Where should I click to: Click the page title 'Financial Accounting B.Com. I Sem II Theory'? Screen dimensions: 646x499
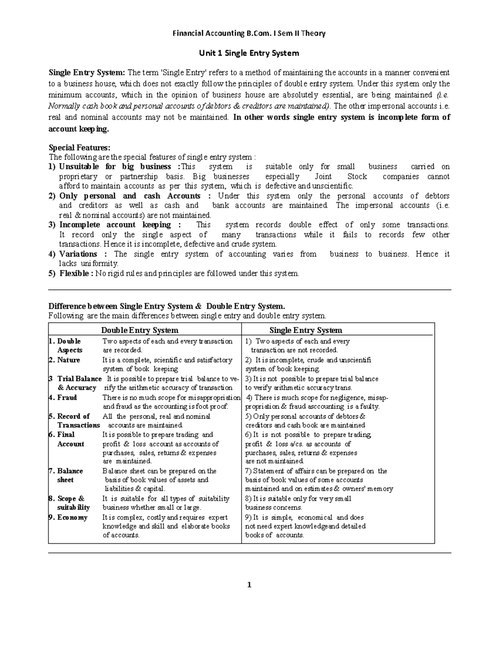click(x=249, y=33)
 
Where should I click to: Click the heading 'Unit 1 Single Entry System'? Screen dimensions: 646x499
click(x=249, y=53)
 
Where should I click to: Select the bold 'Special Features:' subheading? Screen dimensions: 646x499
click(x=79, y=147)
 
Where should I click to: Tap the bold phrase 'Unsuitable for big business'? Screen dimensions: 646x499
click(x=115, y=166)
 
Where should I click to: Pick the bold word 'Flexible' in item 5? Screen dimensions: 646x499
click(x=74, y=273)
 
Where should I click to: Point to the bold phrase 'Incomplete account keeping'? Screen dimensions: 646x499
click(x=115, y=225)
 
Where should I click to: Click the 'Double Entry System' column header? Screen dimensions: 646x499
click(x=140, y=330)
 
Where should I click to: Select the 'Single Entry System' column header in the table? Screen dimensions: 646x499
click(x=306, y=330)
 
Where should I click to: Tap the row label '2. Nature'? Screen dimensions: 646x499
click(x=65, y=360)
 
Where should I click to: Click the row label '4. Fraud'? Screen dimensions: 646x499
click(x=63, y=397)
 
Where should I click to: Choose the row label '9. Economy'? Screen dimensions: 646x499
click(x=69, y=517)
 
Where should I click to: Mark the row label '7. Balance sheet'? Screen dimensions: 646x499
click(x=66, y=475)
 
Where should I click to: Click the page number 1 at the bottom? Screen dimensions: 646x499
click(x=249, y=585)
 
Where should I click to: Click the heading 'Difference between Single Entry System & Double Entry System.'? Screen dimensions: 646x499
click(x=167, y=306)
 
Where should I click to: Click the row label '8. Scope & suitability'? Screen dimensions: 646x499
click(x=69, y=502)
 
